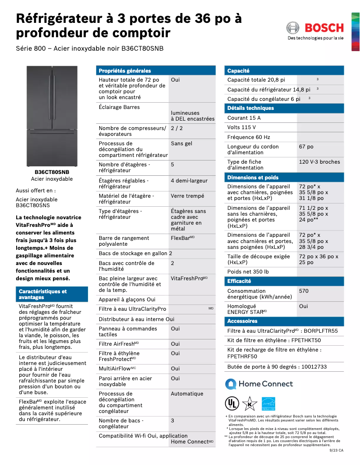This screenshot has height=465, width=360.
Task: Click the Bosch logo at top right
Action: click(315, 28)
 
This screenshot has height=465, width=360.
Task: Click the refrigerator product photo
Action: click(52, 116)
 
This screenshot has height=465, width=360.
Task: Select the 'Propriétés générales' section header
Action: click(125, 71)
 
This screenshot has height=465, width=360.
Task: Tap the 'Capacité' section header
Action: click(238, 71)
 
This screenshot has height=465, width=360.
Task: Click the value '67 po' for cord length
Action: click(306, 147)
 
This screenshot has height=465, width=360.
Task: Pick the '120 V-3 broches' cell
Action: click(319, 162)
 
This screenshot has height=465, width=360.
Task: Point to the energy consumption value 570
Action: click(304, 291)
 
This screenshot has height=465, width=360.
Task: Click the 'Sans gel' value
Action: click(181, 143)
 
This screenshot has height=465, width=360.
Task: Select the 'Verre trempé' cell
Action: click(187, 196)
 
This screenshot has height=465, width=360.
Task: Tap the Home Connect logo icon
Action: click(231, 384)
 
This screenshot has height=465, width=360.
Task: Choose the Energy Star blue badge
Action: click(268, 403)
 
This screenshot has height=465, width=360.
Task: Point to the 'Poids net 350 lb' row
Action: click(248, 272)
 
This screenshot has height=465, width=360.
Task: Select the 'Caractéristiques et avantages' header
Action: click(43, 294)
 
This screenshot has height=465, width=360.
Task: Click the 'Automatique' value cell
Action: click(187, 394)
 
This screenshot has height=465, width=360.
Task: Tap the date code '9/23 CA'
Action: click(336, 450)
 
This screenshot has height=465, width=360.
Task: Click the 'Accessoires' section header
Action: click(242, 321)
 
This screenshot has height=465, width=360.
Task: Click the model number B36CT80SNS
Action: click(33, 205)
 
